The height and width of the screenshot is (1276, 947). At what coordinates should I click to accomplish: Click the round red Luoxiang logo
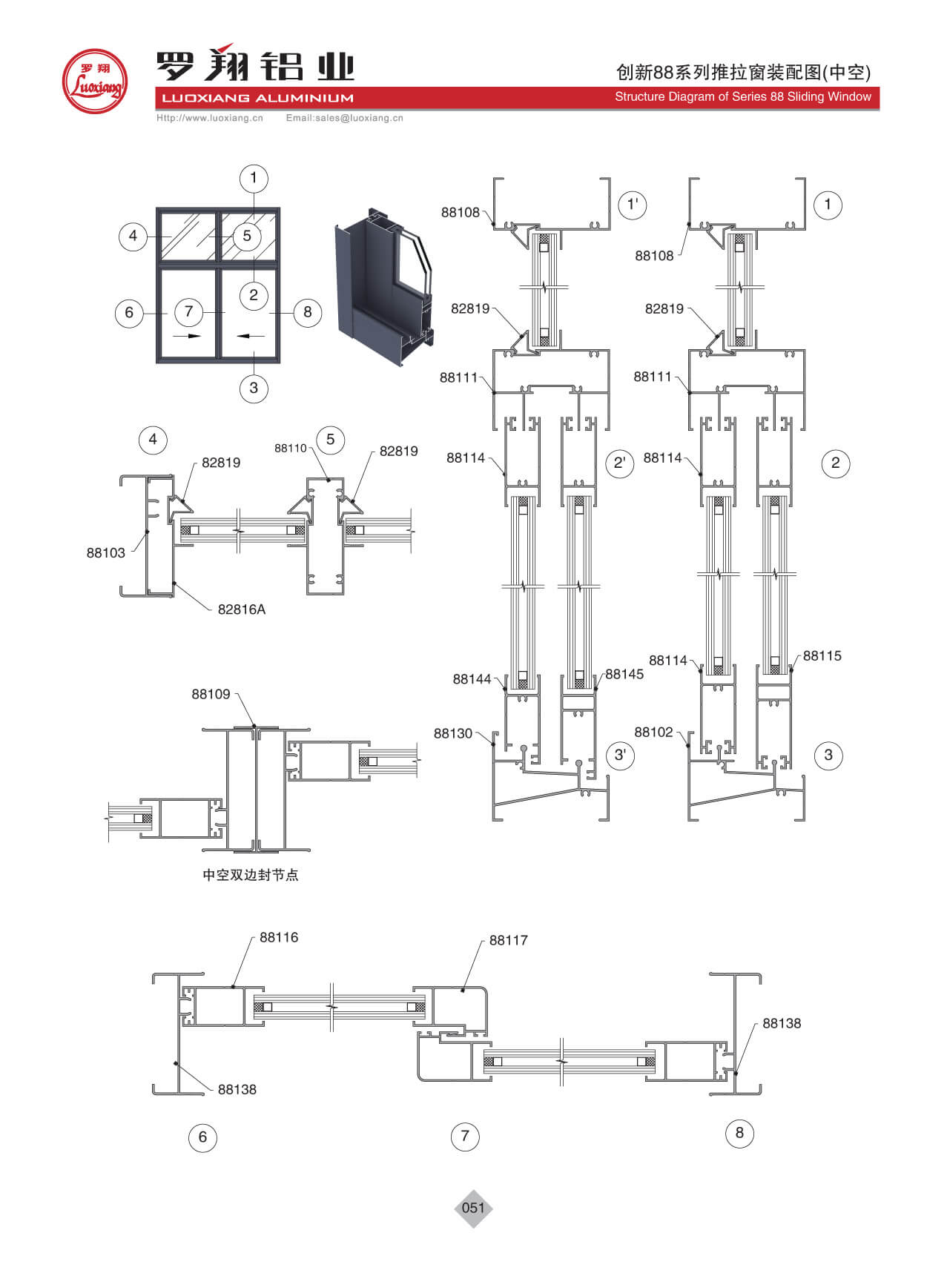(x=94, y=82)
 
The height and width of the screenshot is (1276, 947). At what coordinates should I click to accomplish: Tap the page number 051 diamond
(x=473, y=1208)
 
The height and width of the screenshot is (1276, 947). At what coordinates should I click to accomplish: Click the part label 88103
(x=106, y=553)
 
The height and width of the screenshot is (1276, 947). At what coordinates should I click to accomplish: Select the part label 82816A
(x=241, y=609)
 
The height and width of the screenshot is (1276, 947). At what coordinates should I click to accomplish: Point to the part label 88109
(x=211, y=695)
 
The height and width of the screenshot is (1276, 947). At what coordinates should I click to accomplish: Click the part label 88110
(x=290, y=449)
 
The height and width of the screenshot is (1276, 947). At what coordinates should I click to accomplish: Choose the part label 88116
(x=279, y=937)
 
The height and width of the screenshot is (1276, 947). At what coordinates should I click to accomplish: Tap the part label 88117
(x=509, y=940)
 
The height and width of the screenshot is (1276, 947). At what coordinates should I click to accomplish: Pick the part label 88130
(x=452, y=733)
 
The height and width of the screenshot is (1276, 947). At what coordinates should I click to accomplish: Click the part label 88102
(x=653, y=733)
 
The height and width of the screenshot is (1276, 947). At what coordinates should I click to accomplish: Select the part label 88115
(x=822, y=656)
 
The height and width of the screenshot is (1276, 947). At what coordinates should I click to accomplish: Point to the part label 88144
(x=472, y=679)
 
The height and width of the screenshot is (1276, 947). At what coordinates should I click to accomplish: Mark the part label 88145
(x=624, y=675)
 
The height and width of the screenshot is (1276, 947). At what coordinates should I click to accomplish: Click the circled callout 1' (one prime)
(x=632, y=205)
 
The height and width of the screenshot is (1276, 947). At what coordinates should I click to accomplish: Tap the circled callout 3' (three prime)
(x=620, y=756)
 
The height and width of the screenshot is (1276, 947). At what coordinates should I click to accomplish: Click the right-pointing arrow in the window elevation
(x=189, y=336)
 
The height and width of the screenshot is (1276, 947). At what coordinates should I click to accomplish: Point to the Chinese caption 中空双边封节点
(x=251, y=875)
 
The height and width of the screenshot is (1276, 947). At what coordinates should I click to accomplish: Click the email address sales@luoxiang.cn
(x=345, y=118)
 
